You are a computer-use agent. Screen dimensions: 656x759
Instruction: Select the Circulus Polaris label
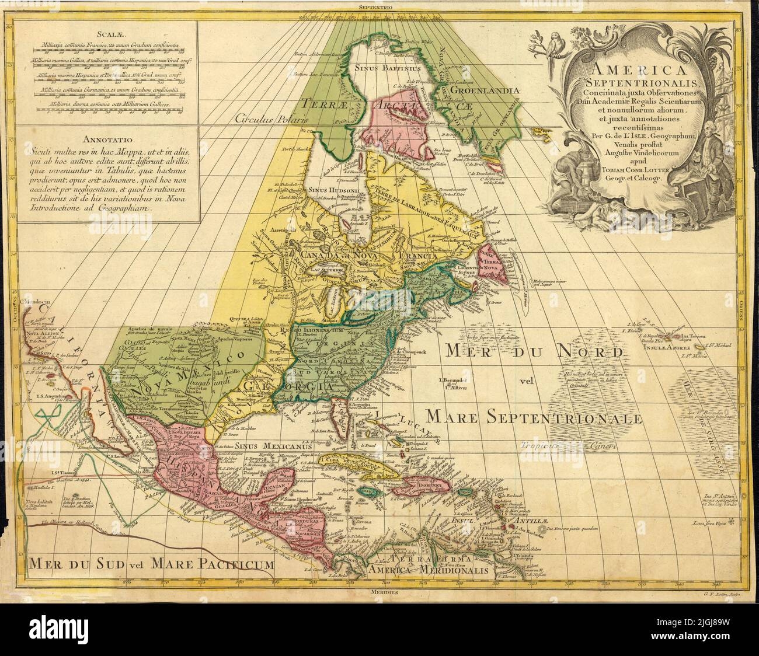click(272, 117)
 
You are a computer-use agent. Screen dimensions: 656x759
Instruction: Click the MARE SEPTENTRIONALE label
click(534, 418)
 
